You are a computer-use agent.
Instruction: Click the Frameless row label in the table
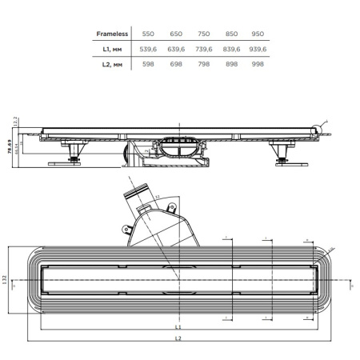112,34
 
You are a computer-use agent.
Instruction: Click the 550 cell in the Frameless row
147,34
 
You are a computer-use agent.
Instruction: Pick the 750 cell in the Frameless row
203,34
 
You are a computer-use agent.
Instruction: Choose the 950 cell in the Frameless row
258,34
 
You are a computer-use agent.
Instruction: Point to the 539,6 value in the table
147,49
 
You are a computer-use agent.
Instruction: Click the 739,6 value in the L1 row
203,49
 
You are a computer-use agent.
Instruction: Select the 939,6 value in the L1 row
258,49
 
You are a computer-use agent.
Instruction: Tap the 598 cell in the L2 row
147,63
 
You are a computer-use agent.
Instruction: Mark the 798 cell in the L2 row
203,63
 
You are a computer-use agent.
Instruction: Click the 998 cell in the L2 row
258,63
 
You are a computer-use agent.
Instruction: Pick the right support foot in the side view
282,154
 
